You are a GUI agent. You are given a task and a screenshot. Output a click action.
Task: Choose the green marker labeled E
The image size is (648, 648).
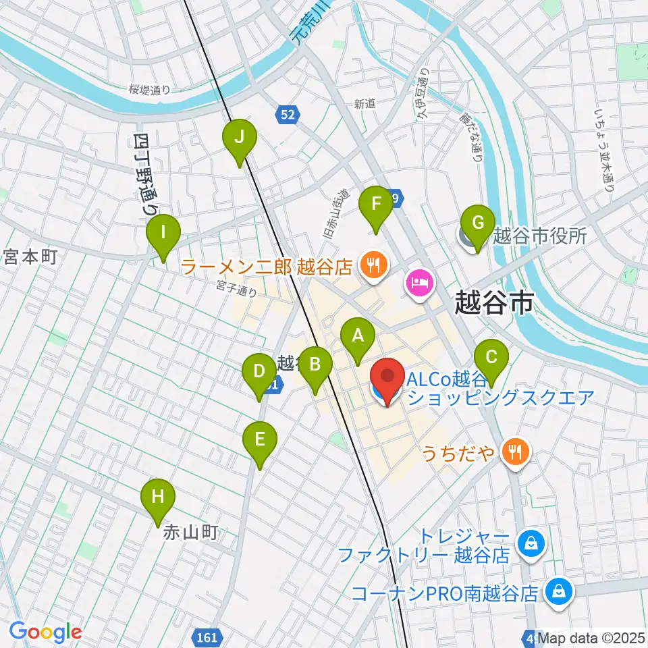259,443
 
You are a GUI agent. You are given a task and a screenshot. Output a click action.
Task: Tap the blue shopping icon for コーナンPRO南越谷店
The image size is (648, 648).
560,592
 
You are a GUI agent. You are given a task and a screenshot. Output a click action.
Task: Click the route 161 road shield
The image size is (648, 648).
208,637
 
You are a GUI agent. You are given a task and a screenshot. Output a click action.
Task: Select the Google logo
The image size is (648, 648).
45,632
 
